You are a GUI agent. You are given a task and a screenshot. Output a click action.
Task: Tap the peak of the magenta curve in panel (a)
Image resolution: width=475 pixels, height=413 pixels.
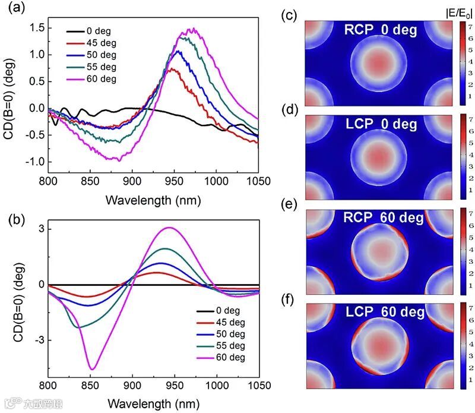point(191,29)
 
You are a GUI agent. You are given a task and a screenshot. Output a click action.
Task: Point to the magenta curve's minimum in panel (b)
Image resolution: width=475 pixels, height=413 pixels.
point(92,369)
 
